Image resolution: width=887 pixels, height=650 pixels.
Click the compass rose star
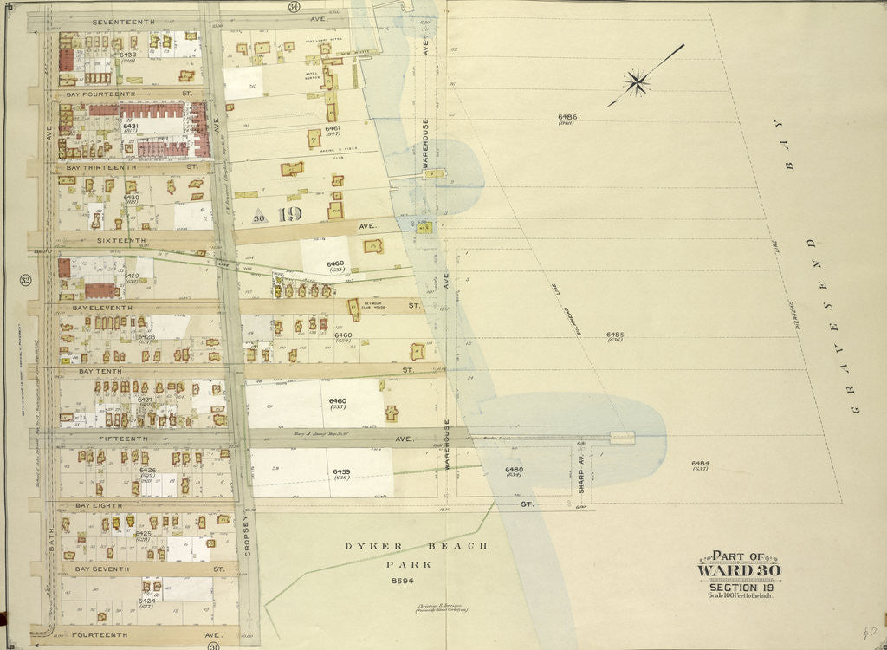pos(638,83)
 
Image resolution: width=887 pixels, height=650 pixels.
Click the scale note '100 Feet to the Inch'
pos(739,594)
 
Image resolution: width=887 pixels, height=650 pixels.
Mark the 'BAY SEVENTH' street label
pos(103,569)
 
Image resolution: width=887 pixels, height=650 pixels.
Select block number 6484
pos(700,463)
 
